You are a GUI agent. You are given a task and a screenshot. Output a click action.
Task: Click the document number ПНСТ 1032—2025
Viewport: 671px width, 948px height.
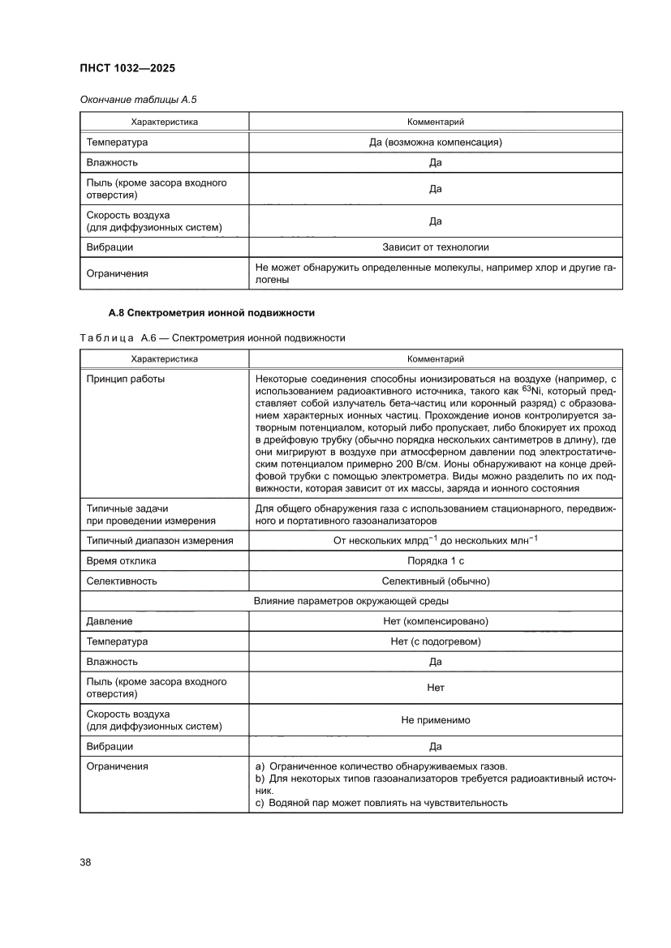tap(127, 68)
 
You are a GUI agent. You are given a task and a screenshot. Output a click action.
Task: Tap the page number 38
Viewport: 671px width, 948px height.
tap(85, 861)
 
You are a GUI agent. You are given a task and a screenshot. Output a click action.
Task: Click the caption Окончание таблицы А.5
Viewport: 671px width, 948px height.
tap(138, 100)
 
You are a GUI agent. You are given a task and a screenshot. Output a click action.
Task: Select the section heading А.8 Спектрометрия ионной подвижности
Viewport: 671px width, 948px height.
tap(211, 312)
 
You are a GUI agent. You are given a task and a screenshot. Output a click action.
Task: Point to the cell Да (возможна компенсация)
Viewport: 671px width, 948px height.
tap(435, 143)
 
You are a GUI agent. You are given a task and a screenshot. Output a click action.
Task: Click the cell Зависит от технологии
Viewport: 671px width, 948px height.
tap(435, 247)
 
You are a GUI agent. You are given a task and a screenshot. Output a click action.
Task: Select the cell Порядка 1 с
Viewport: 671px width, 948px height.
tap(435, 561)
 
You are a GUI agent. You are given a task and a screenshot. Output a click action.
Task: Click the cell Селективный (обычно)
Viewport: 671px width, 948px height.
tap(435, 581)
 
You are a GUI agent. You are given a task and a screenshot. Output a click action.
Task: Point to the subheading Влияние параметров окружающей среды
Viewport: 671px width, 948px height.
tap(351, 601)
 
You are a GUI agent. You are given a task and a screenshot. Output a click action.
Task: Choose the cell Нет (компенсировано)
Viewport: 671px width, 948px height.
tap(435, 621)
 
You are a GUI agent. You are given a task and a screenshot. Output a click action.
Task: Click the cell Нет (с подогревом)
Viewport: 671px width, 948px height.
tap(435, 641)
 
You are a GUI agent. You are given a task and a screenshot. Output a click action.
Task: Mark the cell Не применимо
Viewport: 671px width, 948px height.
tap(435, 719)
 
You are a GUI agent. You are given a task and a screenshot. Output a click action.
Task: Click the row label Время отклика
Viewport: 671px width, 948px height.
tap(122, 561)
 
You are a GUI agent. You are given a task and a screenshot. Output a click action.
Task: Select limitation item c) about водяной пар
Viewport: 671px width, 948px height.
tap(381, 803)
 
